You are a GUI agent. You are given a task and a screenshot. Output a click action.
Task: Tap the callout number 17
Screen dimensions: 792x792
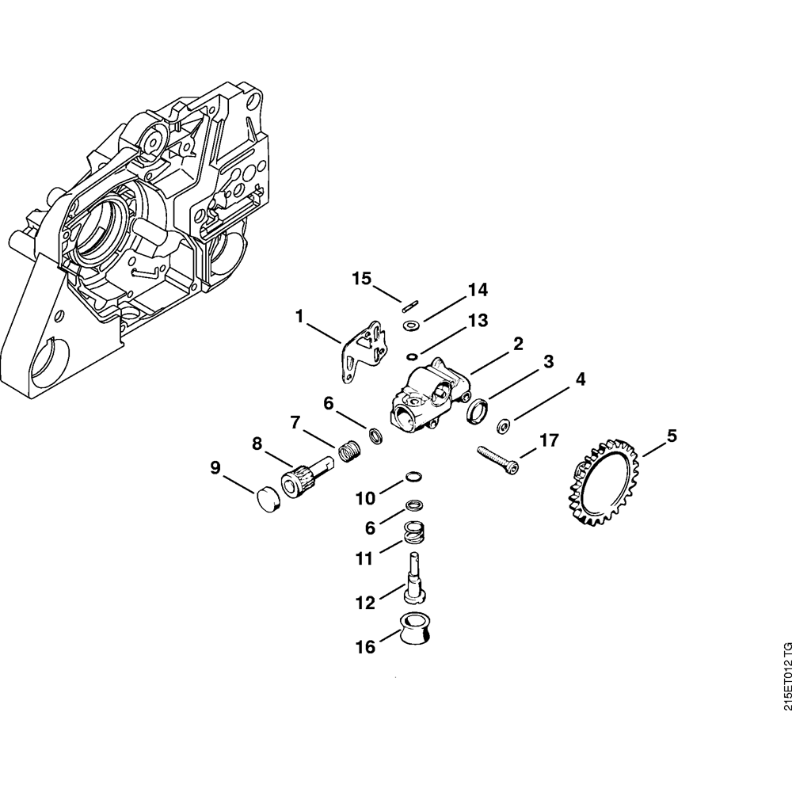click(x=549, y=440)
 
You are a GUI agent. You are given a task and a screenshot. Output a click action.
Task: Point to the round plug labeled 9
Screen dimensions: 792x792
click(x=268, y=498)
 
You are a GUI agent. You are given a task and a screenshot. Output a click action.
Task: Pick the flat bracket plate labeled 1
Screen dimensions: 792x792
click(x=364, y=351)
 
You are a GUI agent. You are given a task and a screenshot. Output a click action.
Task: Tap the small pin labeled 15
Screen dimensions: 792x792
click(x=410, y=307)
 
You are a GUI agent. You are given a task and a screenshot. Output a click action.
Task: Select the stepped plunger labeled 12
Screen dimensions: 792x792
click(x=415, y=578)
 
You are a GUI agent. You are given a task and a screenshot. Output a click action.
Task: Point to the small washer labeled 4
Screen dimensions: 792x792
click(x=503, y=425)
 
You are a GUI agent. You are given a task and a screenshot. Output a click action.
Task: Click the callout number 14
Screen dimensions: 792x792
click(x=478, y=290)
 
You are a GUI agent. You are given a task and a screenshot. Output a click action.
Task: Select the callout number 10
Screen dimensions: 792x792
click(x=366, y=498)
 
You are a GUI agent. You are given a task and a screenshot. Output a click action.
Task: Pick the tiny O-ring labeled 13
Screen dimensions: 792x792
click(x=412, y=358)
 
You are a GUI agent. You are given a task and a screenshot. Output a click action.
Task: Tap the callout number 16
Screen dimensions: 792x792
click(x=365, y=647)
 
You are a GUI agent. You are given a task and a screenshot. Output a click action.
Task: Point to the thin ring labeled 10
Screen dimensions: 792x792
click(x=413, y=476)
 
